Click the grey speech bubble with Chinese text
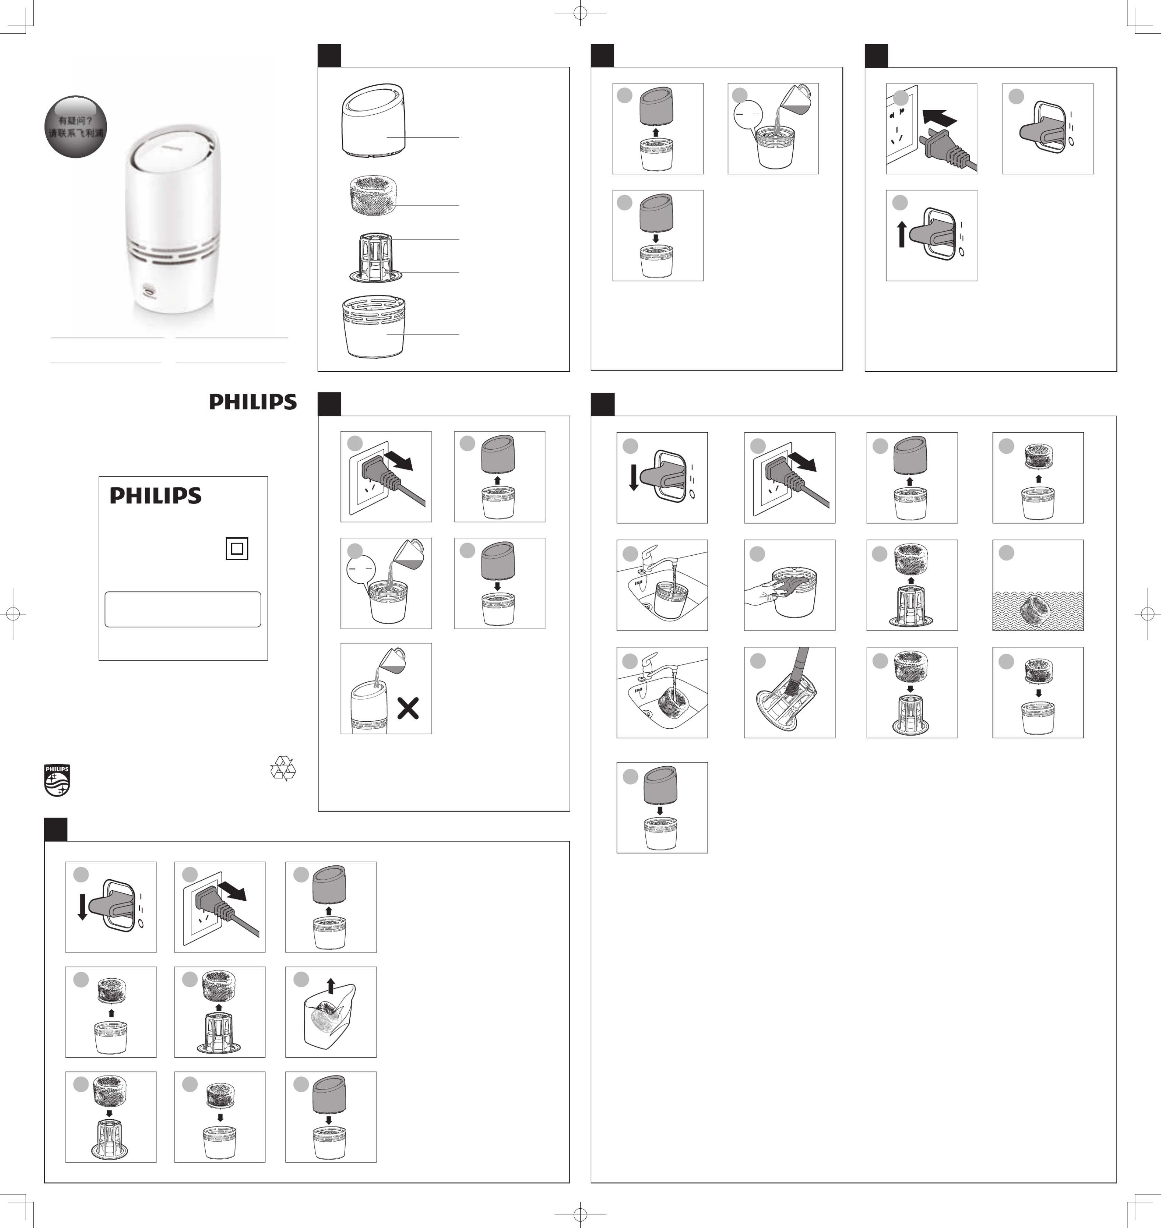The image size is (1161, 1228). (x=76, y=126)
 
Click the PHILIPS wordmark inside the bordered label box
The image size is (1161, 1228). (x=155, y=496)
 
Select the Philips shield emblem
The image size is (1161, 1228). (x=57, y=780)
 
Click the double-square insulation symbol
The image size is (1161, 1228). (x=236, y=548)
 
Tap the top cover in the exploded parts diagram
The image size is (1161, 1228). (x=373, y=120)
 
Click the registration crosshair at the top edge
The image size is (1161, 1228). (x=580, y=12)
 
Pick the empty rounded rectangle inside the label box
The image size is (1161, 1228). (x=182, y=610)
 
